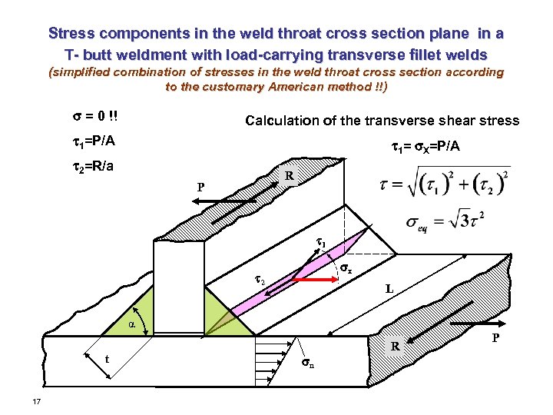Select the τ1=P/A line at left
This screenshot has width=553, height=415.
89,141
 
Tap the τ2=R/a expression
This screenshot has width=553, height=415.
89,165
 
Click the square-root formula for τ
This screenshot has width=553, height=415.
444,187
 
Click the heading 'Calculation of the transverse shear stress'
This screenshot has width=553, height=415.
382,120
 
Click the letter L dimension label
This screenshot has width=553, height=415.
390,289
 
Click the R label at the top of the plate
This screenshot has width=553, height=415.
289,176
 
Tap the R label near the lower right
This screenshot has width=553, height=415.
395,347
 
